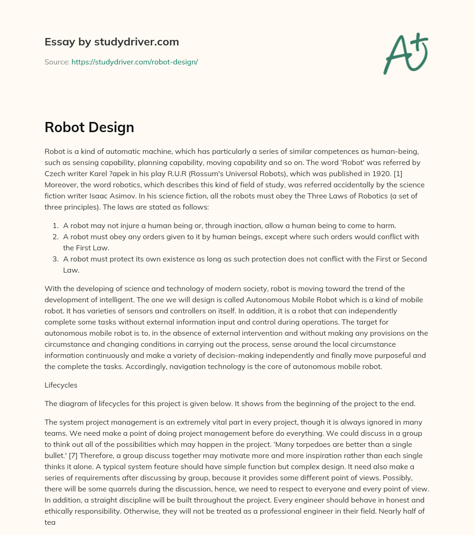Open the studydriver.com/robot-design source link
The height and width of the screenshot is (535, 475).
coord(135,62)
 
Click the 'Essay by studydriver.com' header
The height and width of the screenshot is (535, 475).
coord(112,42)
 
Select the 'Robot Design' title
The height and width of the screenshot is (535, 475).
coord(89,127)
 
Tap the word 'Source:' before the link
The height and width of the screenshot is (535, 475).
coord(57,62)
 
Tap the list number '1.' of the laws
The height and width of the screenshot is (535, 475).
coord(55,225)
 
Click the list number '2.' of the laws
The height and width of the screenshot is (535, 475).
coord(55,236)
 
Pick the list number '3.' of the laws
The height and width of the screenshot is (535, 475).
coord(55,259)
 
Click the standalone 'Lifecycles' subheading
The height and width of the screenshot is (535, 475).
coord(61,385)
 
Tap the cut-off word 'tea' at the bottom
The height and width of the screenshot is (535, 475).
coord(50,522)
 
